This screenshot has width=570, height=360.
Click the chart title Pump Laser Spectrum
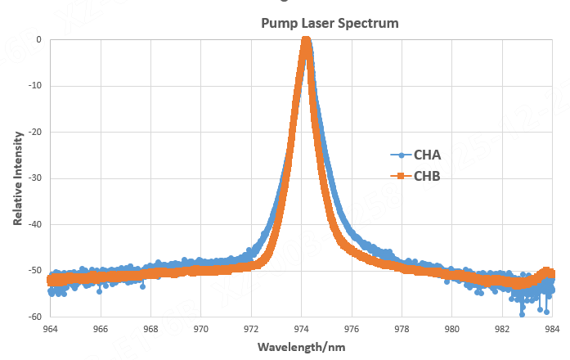point(330,23)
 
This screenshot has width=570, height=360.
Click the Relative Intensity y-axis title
point(17,177)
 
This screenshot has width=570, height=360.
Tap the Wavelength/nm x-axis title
point(300,346)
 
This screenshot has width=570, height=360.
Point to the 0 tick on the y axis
point(38,39)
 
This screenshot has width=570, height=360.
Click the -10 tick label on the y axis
point(34,85)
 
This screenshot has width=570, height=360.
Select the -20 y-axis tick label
point(34,132)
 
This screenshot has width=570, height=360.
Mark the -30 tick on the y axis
point(34,178)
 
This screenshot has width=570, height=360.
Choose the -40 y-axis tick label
point(34,224)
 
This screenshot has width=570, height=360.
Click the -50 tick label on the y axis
point(34,270)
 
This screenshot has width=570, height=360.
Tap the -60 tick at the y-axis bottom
point(34,316)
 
